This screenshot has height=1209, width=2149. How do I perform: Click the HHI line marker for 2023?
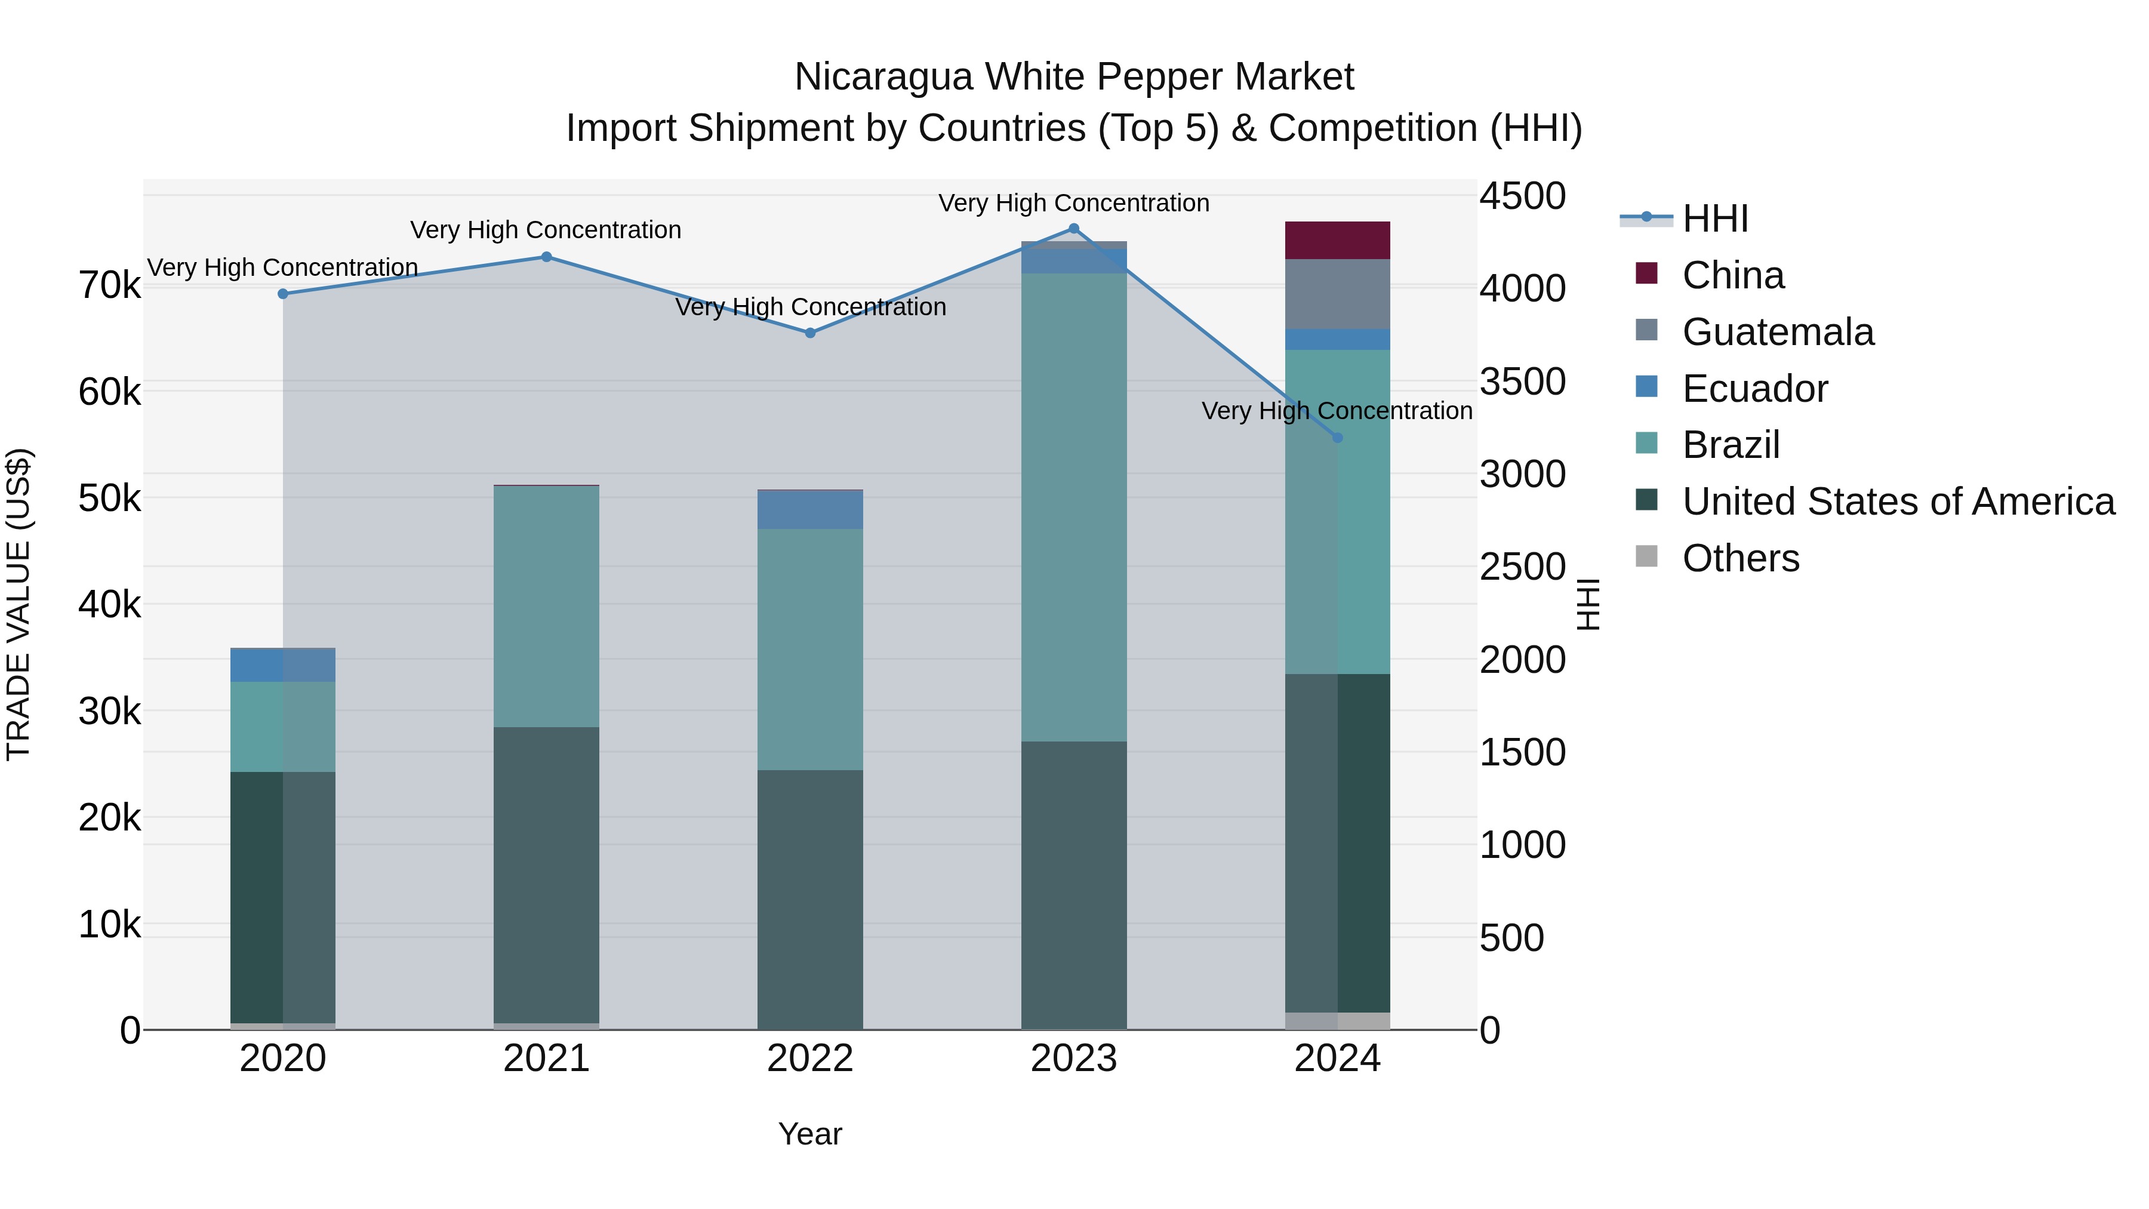1074,229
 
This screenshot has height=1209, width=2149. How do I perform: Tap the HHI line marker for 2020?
283,294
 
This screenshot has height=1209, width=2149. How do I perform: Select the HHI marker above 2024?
1337,437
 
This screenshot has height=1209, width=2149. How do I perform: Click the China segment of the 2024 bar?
1337,240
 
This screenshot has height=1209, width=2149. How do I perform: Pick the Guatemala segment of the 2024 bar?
1337,294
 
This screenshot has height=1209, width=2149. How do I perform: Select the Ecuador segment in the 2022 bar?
810,510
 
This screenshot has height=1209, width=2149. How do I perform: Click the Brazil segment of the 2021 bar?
546,607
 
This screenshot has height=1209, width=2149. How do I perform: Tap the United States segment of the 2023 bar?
1074,884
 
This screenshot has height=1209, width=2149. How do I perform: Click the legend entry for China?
1733,275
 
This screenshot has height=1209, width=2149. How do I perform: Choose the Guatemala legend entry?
1777,332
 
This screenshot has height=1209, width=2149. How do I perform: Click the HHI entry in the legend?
1714,219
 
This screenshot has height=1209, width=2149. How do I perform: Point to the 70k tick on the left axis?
109,285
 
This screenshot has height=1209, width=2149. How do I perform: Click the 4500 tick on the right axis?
1522,197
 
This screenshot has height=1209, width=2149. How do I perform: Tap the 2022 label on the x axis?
810,1059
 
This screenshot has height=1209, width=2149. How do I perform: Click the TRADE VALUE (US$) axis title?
19,604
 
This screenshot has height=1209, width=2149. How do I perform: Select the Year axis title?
810,1134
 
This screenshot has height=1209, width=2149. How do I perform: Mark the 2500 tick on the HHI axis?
1522,567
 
